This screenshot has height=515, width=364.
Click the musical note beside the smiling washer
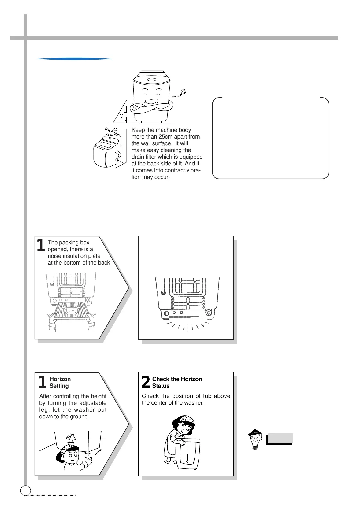pyautogui.click(x=183, y=92)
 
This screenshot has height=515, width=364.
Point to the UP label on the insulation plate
pyautogui.click(x=71, y=310)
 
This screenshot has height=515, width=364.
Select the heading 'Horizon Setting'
pyautogui.click(x=60, y=382)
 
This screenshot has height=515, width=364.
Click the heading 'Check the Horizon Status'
pyautogui.click(x=177, y=382)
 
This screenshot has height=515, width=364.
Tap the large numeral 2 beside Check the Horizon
pyautogui.click(x=146, y=382)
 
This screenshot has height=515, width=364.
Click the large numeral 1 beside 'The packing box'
pyautogui.click(x=41, y=246)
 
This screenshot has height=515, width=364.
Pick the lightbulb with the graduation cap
pyautogui.click(x=255, y=439)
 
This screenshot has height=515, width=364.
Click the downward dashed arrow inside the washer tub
pyautogui.click(x=187, y=453)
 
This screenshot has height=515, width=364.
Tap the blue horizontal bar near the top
pyautogui.click(x=74, y=59)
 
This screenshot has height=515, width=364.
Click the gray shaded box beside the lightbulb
pyautogui.click(x=280, y=438)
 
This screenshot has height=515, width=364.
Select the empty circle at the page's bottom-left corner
pyautogui.click(x=26, y=490)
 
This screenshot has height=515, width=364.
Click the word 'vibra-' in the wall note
pyautogui.click(x=192, y=170)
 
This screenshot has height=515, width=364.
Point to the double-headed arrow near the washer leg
pyautogui.click(x=98, y=452)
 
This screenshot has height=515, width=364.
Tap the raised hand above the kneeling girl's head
pyautogui.click(x=72, y=437)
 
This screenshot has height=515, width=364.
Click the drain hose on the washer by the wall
pyautogui.click(x=118, y=157)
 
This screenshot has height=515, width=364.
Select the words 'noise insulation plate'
pyautogui.click(x=74, y=256)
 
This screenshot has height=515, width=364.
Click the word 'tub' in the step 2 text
pyautogui.click(x=207, y=396)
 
